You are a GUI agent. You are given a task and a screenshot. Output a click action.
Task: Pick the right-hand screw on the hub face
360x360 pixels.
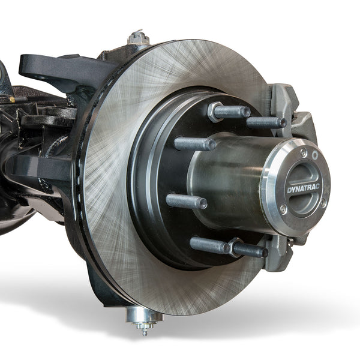point(323,202)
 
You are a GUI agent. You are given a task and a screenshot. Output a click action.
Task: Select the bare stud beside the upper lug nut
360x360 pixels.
point(266,122)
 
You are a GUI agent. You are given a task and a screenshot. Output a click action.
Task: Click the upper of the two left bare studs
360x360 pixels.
point(194,144)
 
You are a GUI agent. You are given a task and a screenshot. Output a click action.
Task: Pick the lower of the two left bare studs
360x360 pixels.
point(186,201)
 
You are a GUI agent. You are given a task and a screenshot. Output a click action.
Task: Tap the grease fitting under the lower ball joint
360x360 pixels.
point(143,328)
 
